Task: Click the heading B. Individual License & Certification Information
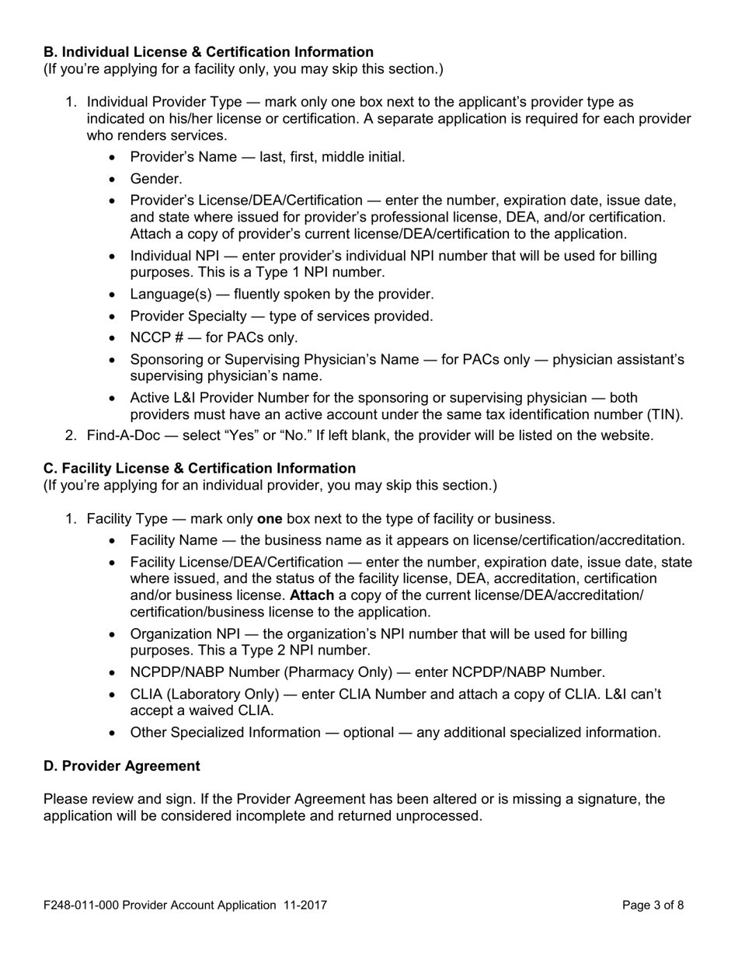click(x=208, y=52)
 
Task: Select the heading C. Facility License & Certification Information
click(x=200, y=468)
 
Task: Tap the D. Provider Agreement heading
click(x=121, y=766)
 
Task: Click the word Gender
click(x=155, y=180)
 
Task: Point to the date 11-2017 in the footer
click(x=304, y=905)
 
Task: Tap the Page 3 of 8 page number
click(x=653, y=905)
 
